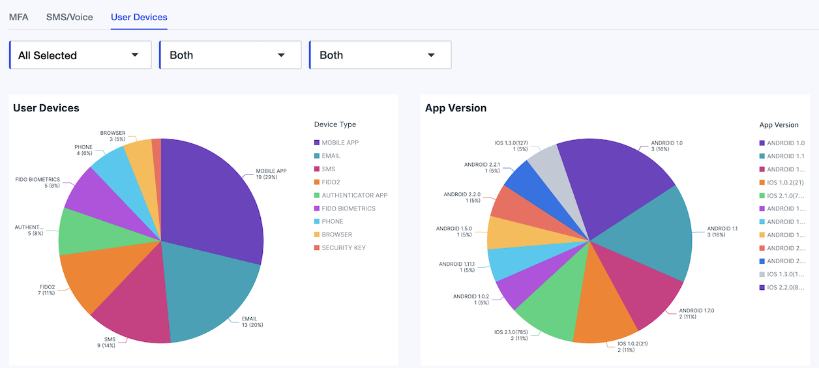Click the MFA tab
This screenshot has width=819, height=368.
point(18,17)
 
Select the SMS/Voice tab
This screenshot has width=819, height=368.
point(69,17)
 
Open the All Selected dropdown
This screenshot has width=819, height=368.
point(80,55)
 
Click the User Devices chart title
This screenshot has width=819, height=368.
point(46,108)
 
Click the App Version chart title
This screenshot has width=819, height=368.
point(456,108)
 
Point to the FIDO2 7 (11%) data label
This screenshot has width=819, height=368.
point(46,290)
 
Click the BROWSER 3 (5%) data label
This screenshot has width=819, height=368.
point(113,136)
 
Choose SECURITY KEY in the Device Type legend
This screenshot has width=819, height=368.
point(344,248)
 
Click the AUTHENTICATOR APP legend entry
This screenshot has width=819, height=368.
point(354,195)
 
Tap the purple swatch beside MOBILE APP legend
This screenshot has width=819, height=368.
point(316,143)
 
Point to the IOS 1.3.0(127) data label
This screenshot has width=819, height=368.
point(511,146)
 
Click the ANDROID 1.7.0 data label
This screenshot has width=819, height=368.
point(696,314)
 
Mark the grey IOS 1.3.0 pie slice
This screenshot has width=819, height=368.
point(544,160)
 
